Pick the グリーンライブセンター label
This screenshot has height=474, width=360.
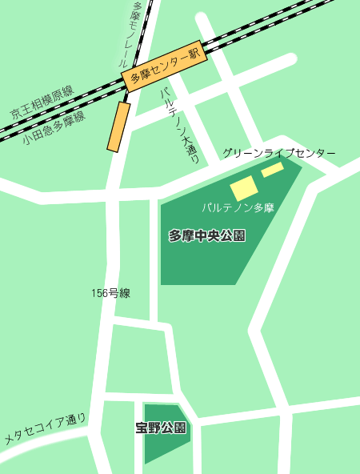[x=279, y=153]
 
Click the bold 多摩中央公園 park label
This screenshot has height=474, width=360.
[x=206, y=235]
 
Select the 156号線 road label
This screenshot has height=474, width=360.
[x=110, y=293]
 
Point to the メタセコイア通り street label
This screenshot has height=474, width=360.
[x=45, y=429]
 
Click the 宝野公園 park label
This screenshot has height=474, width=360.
[x=162, y=428]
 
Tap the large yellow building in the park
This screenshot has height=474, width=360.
[x=244, y=188]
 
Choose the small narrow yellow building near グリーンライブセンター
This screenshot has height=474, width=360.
[x=272, y=169]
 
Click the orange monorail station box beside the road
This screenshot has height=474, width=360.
[x=119, y=127]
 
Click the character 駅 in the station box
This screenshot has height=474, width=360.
[x=191, y=54]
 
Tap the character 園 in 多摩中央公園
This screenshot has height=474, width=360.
[x=238, y=235]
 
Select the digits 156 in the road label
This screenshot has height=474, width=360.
[x=99, y=293]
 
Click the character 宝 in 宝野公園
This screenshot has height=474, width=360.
[x=142, y=428]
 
